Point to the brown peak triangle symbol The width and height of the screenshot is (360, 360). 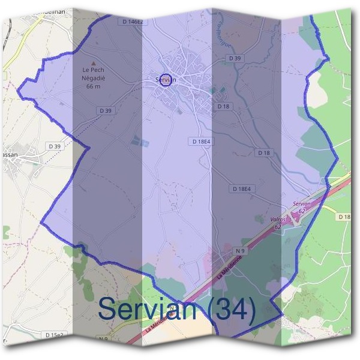(x=92, y=62)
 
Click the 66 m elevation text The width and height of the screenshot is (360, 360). (x=93, y=86)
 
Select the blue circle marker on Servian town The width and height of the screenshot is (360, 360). (x=167, y=80)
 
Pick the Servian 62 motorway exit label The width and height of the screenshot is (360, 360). (x=301, y=208)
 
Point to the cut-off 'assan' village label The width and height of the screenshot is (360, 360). (x=8, y=154)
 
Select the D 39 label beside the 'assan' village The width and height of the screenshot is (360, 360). (x=54, y=146)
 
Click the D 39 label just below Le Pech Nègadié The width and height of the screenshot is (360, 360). (x=104, y=110)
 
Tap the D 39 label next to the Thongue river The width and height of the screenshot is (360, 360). (x=235, y=58)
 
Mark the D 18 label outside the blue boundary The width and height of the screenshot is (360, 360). (x=344, y=216)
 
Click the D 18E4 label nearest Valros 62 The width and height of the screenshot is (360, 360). (x=242, y=189)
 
